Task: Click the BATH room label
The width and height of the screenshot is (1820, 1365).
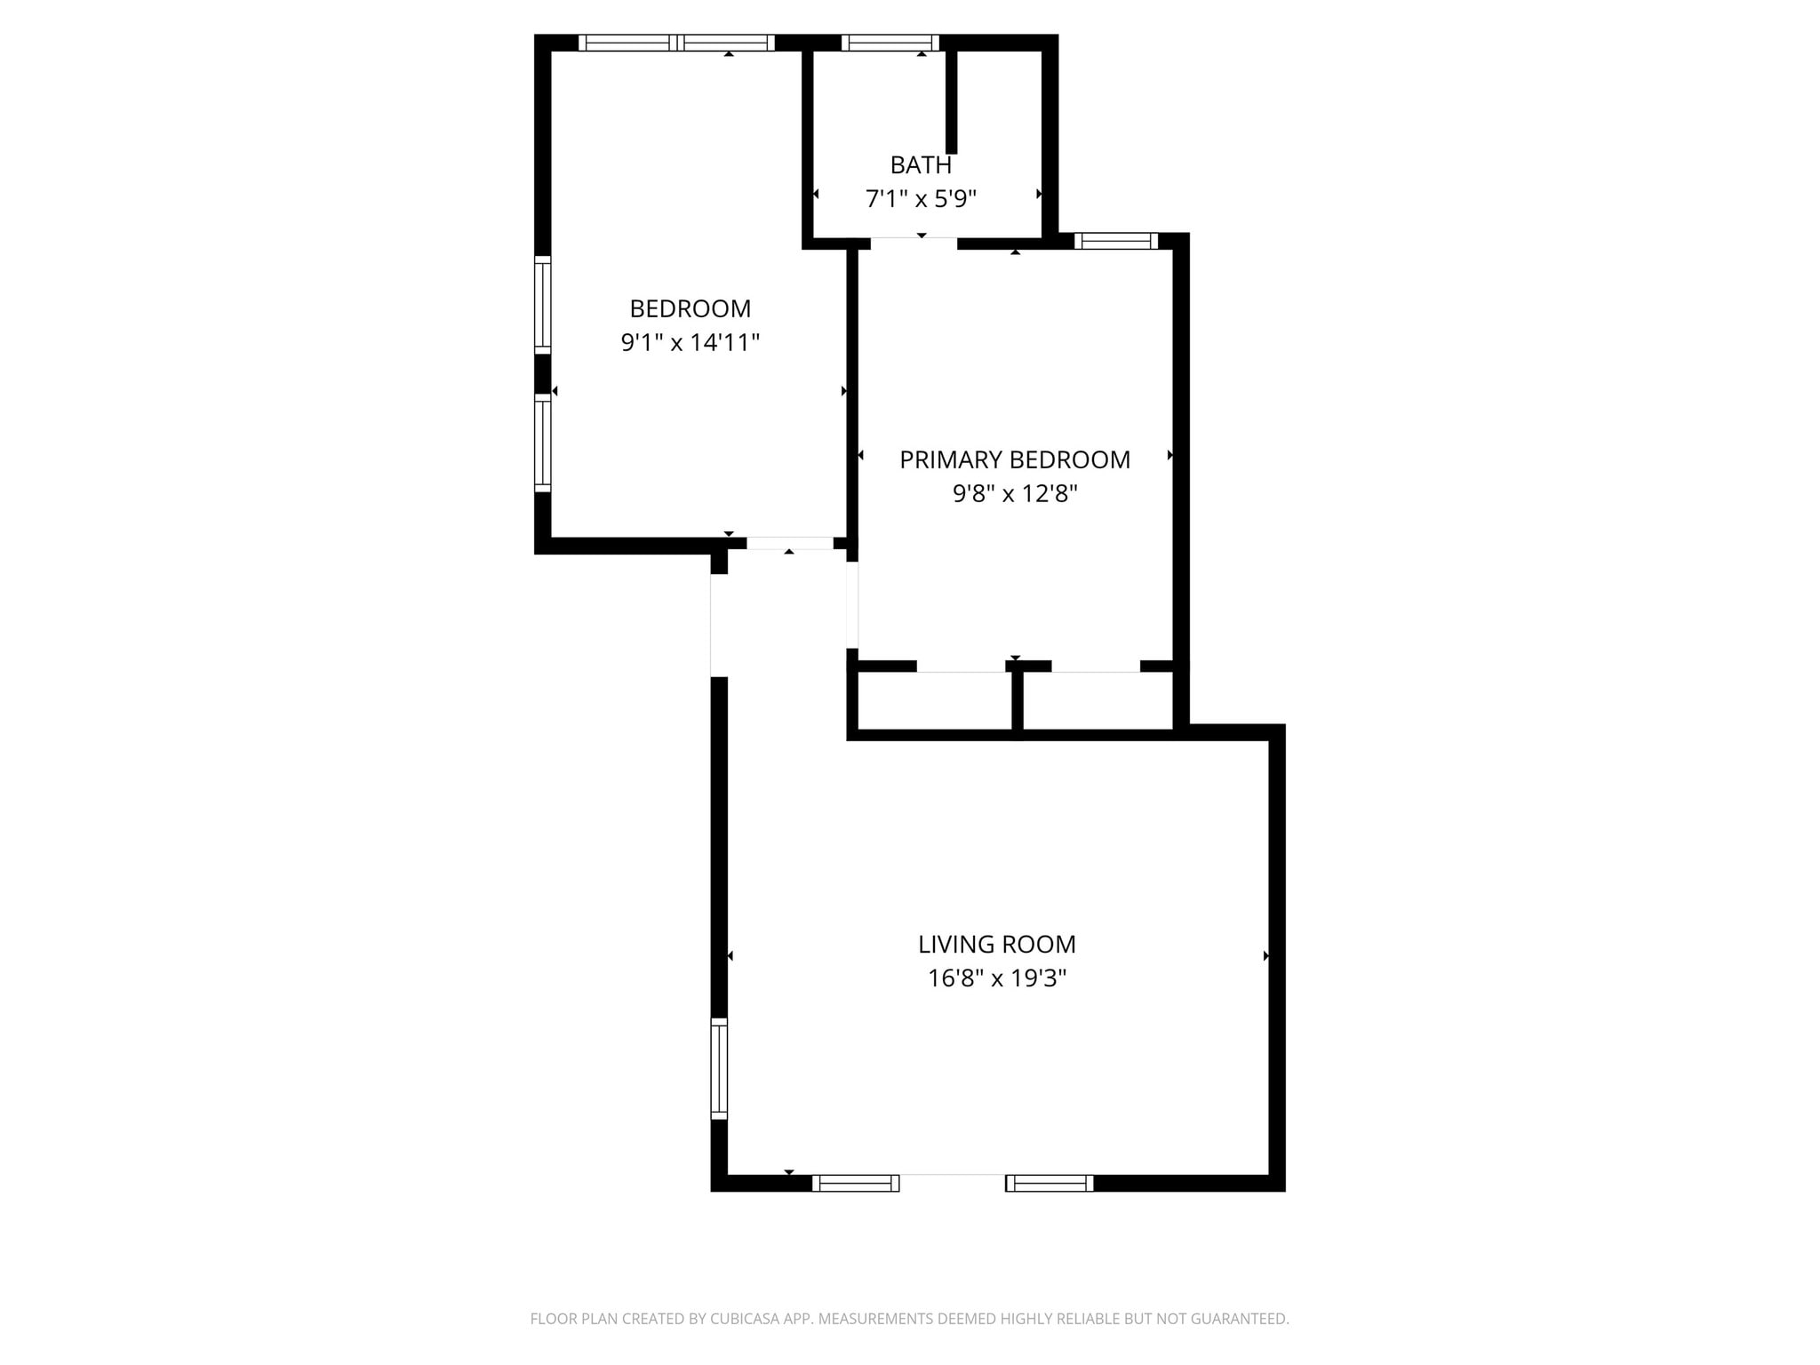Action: tap(921, 165)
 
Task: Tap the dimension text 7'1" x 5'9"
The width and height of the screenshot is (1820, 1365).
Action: tap(921, 199)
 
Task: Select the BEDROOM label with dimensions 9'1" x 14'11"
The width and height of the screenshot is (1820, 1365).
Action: tap(690, 309)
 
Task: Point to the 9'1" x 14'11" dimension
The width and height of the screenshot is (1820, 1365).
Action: tap(690, 343)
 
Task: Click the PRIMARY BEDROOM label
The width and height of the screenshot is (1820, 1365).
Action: tap(1015, 460)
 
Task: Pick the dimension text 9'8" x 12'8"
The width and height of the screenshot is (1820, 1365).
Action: tap(1015, 494)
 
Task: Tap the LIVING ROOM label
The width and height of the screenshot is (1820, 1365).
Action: tap(997, 945)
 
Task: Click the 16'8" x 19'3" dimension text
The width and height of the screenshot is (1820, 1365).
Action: tap(997, 978)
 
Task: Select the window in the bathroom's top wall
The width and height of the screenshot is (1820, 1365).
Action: tap(890, 43)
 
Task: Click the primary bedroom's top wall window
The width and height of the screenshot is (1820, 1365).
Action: tap(1116, 241)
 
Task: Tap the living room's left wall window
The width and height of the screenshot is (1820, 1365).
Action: tap(719, 1068)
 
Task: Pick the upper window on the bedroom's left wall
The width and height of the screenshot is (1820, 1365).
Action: tap(542, 304)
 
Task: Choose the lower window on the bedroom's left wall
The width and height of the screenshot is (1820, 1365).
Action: tap(542, 443)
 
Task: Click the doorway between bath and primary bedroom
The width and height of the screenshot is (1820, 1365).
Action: tap(914, 242)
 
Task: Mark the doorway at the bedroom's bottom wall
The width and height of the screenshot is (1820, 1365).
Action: tap(790, 543)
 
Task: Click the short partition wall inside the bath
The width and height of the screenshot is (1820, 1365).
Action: tap(951, 101)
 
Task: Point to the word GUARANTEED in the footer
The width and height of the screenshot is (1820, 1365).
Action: tap(1239, 1320)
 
